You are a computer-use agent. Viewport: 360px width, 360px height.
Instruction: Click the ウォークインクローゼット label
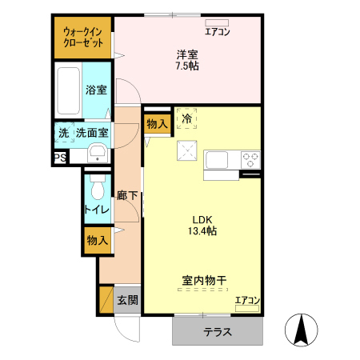[x=83, y=37]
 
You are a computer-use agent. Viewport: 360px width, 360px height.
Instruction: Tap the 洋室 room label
[x=188, y=60]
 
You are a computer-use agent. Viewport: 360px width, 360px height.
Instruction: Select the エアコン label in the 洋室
[x=218, y=32]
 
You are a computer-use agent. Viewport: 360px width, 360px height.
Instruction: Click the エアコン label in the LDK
[x=247, y=301]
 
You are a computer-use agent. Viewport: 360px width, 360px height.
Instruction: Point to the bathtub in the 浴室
[x=69, y=92]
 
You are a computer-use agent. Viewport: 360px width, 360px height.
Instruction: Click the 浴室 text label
[x=97, y=91]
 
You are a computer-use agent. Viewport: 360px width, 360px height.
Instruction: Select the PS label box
[x=60, y=158]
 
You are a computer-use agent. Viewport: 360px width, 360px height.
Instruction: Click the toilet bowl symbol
[x=98, y=189]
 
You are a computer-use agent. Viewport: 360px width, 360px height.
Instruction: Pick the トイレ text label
[x=98, y=210]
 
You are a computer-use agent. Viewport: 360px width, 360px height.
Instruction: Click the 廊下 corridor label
[x=127, y=195]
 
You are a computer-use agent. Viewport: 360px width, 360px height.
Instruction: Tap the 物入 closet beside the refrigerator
[x=157, y=124]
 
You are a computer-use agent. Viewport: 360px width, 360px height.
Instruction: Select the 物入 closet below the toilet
[x=98, y=241]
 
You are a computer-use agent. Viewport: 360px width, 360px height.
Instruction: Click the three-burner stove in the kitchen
[x=250, y=158]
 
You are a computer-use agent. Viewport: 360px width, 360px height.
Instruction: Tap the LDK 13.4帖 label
[x=203, y=225]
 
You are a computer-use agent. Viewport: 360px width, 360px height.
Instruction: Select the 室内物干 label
[x=204, y=281]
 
